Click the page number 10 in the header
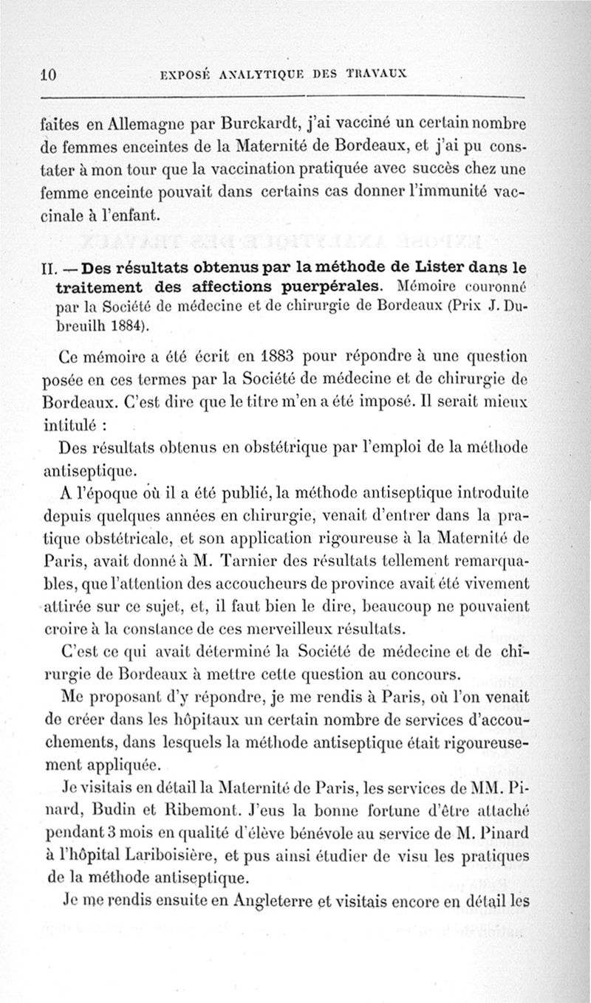49,73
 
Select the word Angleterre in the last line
253,900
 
